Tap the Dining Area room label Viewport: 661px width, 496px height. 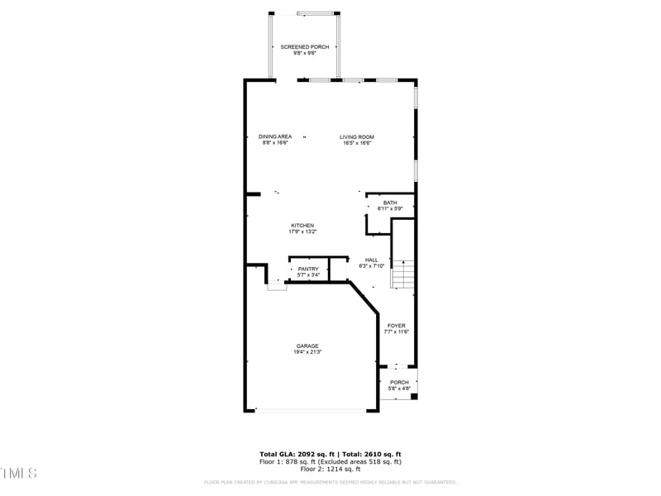tap(274, 136)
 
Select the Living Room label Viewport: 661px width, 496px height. tap(357, 136)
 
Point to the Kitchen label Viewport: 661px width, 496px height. tap(302, 226)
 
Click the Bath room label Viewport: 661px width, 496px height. tap(389, 203)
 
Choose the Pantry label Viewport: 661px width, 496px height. tap(308, 269)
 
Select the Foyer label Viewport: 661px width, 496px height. tap(397, 326)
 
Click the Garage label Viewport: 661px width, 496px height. tap(308, 346)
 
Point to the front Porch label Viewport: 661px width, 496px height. tap(399, 382)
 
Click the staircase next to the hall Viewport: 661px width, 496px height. tap(402, 274)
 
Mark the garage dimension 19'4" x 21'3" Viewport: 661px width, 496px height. tap(308, 352)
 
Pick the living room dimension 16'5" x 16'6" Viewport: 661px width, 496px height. tap(357, 143)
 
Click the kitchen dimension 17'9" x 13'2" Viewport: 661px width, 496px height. tap(302, 232)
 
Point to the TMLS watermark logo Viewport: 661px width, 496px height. tap(19, 474)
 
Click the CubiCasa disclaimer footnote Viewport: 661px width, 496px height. tap(330, 482)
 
